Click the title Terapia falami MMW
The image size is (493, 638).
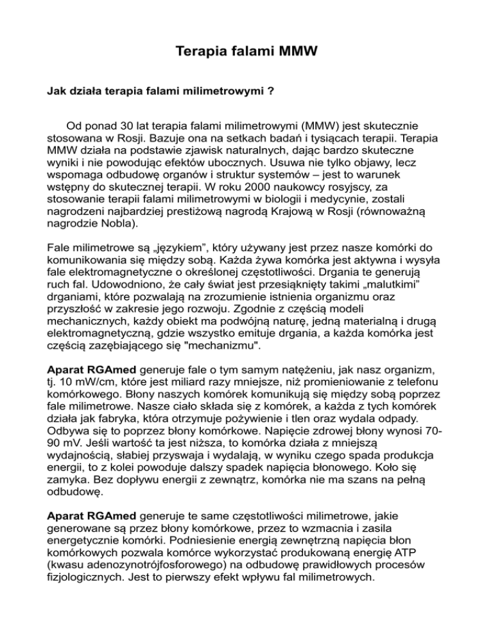[246, 49]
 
